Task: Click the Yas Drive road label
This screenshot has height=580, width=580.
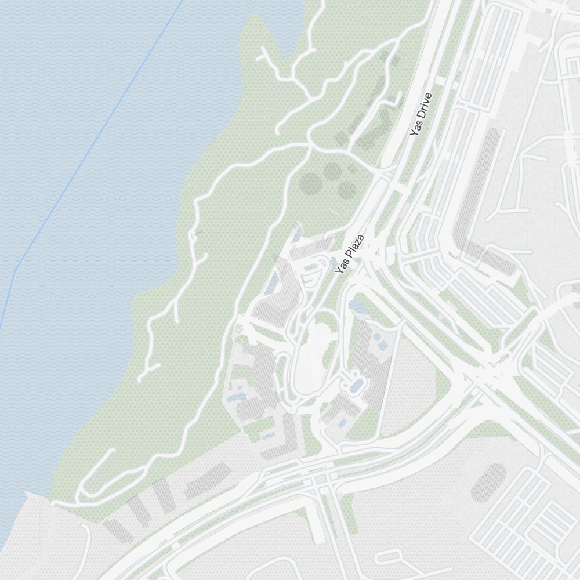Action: (x=421, y=115)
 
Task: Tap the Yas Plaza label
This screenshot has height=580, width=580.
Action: (x=350, y=254)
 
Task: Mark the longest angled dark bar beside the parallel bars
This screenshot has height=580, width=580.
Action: (x=207, y=480)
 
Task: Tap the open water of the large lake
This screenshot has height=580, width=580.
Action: (x=87, y=232)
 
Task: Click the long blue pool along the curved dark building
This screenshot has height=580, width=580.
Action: (x=270, y=284)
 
